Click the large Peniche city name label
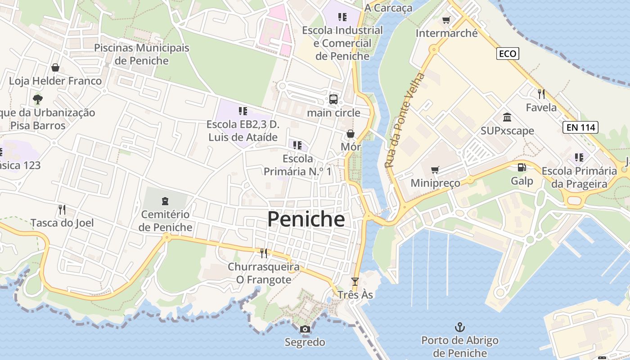pyautogui.click(x=306, y=219)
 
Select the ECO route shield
pyautogui.click(x=508, y=54)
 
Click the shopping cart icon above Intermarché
pyautogui.click(x=446, y=20)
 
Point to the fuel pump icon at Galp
pyautogui.click(x=522, y=167)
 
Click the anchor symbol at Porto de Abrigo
pyautogui.click(x=459, y=327)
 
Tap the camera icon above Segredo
pyautogui.click(x=305, y=329)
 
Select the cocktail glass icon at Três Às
pyautogui.click(x=355, y=282)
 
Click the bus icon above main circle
pyautogui.click(x=333, y=99)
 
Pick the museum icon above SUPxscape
pyautogui.click(x=507, y=117)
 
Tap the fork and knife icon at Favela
pyautogui.click(x=541, y=94)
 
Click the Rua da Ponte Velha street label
pyautogui.click(x=405, y=120)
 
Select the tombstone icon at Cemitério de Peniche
pyautogui.click(x=165, y=201)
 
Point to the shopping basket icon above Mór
pyautogui.click(x=351, y=134)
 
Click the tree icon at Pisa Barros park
pyautogui.click(x=38, y=99)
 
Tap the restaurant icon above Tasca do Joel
pyautogui.click(x=62, y=209)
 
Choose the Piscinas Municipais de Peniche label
pyautogui.click(x=142, y=54)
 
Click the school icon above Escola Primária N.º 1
pyautogui.click(x=297, y=145)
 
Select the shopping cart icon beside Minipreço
pyautogui.click(x=435, y=170)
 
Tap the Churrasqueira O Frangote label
pyautogui.click(x=264, y=273)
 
